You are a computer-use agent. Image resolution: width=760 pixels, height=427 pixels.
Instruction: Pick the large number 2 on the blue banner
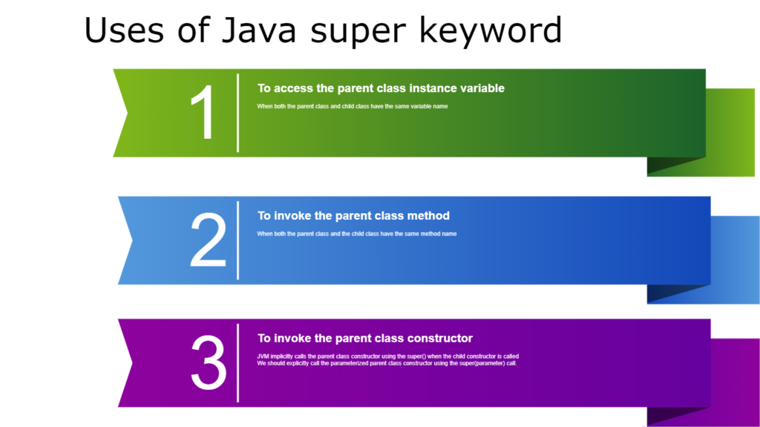(x=208, y=241)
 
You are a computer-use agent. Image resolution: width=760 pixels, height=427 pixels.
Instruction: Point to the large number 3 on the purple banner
(x=209, y=363)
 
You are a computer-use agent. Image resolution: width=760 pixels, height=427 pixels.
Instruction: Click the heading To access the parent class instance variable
(x=381, y=88)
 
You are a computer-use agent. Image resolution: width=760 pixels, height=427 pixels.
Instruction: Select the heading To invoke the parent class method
(x=353, y=216)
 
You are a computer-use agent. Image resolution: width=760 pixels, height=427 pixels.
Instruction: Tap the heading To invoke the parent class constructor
(x=364, y=339)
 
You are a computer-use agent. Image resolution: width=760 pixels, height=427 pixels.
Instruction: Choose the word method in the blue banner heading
(x=428, y=216)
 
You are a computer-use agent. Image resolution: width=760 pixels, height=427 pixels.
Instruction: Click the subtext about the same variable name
(x=352, y=106)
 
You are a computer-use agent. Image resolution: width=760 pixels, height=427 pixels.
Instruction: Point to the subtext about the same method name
(x=356, y=234)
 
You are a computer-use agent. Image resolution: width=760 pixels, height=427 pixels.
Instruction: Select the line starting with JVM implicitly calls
(x=387, y=356)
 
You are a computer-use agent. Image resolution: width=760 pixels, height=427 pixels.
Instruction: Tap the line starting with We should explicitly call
(x=386, y=363)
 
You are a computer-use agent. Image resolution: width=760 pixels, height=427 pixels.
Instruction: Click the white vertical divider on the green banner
(x=237, y=113)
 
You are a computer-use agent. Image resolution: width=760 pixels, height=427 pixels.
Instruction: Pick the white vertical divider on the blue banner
(x=237, y=240)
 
